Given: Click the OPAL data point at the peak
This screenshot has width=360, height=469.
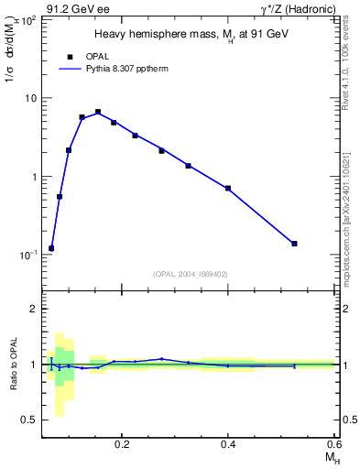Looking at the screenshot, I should [98, 112].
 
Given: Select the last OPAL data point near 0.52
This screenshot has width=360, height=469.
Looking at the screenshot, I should [294, 244].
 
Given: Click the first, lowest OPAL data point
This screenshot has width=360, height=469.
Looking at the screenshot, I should [51, 248].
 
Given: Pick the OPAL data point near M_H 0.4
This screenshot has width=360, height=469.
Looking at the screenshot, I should [228, 188].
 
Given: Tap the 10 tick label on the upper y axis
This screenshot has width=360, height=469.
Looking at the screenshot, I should [30, 98].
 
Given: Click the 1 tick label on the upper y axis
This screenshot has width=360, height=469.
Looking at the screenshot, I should [33, 176].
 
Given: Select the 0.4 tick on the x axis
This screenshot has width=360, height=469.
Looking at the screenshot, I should [229, 443].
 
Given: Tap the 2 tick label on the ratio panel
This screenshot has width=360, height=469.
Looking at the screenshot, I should [33, 310].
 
